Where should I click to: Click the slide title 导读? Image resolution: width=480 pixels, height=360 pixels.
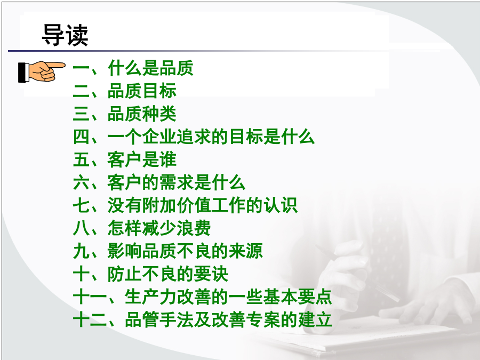65,35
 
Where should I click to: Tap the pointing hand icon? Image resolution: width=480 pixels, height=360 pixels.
42,71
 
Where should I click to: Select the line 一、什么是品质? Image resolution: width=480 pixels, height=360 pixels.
133,68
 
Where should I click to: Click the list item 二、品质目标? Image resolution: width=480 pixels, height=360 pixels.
125,91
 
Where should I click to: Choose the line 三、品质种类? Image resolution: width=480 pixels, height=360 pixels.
125,114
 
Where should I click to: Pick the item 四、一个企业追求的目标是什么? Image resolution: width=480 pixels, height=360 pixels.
194,137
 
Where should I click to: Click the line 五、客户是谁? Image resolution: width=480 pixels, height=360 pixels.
125,159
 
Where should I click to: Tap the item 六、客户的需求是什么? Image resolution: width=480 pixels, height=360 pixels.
159,182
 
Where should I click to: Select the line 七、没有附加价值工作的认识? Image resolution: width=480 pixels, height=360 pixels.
185,205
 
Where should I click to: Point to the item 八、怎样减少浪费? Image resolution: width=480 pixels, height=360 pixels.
142,228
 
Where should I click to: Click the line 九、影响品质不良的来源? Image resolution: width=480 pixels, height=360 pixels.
168,251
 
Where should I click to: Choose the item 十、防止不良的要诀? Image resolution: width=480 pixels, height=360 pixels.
150,274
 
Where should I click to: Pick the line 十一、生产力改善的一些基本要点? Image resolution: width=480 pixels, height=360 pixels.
202,297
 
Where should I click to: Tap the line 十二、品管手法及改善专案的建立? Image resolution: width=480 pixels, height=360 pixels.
202,319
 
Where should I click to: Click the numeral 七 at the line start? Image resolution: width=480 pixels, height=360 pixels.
82,205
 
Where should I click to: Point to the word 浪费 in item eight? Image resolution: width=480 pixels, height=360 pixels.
194,228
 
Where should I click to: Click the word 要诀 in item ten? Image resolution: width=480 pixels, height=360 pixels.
211,274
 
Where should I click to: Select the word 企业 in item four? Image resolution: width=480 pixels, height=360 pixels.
159,137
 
